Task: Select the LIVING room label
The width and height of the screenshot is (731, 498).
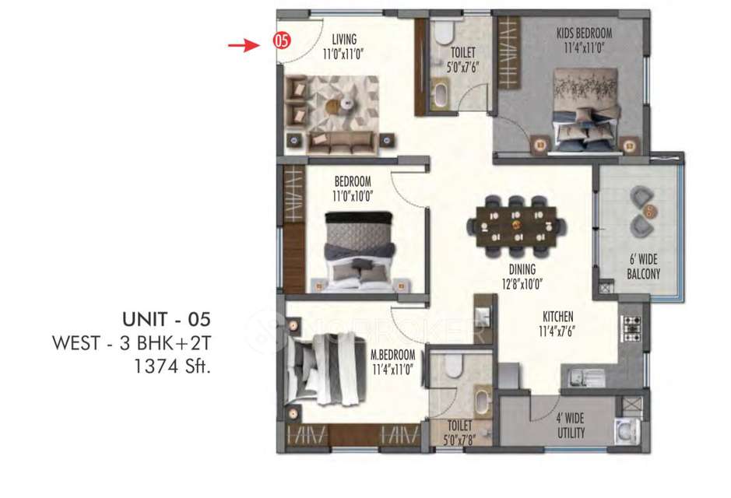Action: pyautogui.click(x=343, y=39)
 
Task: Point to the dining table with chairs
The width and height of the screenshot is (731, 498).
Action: pyautogui.click(x=517, y=226)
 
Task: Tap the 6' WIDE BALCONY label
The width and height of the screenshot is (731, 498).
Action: pyautogui.click(x=643, y=267)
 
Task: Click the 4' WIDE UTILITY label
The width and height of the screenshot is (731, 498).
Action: pyautogui.click(x=570, y=425)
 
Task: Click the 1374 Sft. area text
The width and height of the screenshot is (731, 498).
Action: pyautogui.click(x=174, y=364)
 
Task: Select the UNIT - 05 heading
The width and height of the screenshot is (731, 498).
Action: pyautogui.click(x=167, y=319)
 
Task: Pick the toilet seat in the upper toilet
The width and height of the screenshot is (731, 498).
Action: pyautogui.click(x=442, y=33)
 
